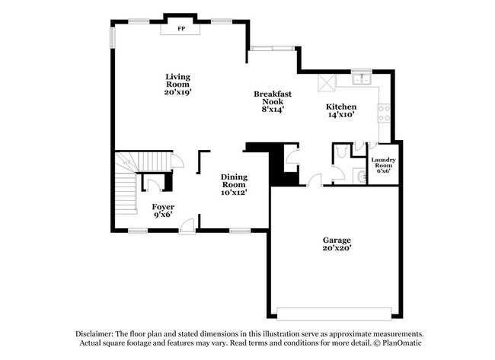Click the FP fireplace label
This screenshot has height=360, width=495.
pos(180,29)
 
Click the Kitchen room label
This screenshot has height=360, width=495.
pos(340,107)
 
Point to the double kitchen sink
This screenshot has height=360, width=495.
pos(360,79)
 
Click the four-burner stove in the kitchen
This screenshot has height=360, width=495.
pos(385,114)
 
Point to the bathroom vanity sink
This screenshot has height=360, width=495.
pos(361,177)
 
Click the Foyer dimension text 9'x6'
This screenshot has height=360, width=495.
pos(162,214)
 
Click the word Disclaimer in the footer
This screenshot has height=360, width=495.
pos(94,334)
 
